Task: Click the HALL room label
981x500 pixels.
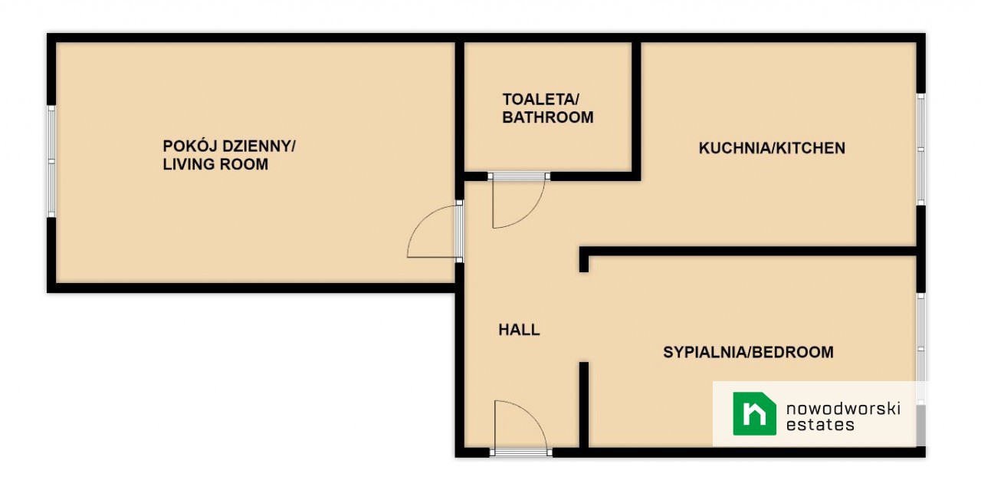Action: (x=519, y=330)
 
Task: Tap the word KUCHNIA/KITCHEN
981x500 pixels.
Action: (x=772, y=148)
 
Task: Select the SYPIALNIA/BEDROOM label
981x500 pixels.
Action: (x=748, y=352)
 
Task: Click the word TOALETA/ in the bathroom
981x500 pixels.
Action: (x=541, y=100)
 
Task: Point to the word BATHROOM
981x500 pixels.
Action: (x=548, y=117)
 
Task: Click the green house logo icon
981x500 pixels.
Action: (x=755, y=413)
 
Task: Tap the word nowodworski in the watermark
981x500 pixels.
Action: (x=843, y=409)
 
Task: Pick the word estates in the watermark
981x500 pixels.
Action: (x=820, y=425)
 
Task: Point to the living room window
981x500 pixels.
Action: (x=51, y=161)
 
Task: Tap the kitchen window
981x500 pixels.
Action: (x=921, y=150)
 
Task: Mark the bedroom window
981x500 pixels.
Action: (x=921, y=349)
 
